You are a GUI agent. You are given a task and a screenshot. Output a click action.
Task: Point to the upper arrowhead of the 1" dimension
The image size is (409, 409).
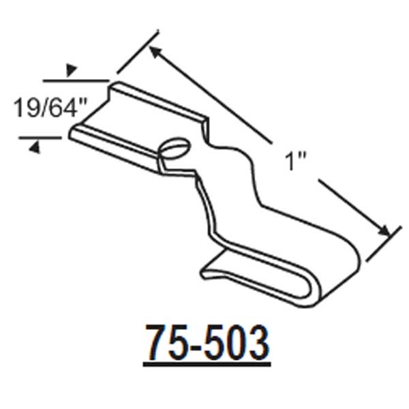point(155,50)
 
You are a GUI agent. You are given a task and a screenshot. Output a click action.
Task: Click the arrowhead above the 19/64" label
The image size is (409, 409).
point(70,70)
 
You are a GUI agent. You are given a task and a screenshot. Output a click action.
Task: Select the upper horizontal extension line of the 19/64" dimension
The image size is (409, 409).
point(75,80)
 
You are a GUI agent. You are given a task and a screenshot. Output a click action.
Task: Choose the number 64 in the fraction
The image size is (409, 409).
point(65,108)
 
